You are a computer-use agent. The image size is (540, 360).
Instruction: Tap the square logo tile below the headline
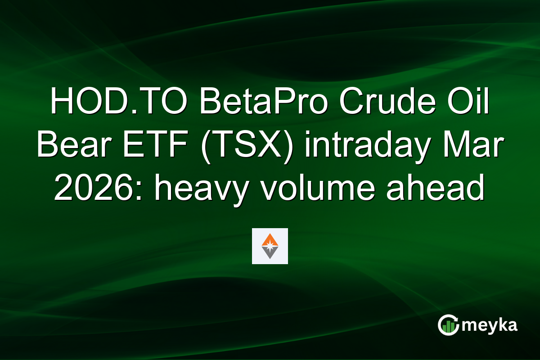click(270, 246)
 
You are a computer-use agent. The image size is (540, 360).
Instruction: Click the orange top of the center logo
click(270, 238)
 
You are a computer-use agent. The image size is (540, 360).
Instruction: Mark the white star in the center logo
click(270, 247)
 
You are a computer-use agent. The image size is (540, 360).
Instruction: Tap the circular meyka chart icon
click(449, 325)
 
